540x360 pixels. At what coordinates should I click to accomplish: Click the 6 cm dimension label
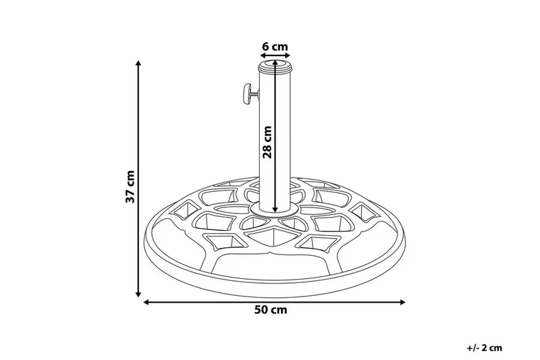(275, 47)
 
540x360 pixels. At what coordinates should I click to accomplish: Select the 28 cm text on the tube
(267, 142)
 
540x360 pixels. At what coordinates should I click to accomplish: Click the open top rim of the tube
(275, 66)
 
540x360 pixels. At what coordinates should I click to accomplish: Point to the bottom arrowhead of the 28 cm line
(275, 210)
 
